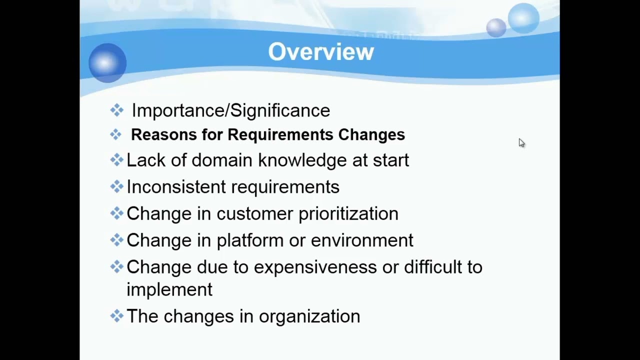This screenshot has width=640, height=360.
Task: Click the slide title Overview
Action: (321, 52)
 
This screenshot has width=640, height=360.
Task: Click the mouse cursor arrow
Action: (521, 143)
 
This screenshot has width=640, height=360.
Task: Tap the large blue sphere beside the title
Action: (107, 62)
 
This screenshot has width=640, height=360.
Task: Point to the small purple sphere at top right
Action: (496, 27)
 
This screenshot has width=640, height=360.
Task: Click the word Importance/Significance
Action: (230, 110)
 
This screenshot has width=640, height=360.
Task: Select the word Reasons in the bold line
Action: (164, 134)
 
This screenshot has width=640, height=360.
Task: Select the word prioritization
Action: (348, 214)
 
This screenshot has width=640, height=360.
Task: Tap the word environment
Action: (362, 240)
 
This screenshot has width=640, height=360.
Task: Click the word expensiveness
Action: (315, 267)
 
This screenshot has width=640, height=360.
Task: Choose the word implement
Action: (169, 290)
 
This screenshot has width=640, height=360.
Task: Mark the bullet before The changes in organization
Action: (116, 315)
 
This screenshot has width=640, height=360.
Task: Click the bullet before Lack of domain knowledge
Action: (116, 159)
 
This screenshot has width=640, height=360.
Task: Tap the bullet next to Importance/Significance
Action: (116, 110)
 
